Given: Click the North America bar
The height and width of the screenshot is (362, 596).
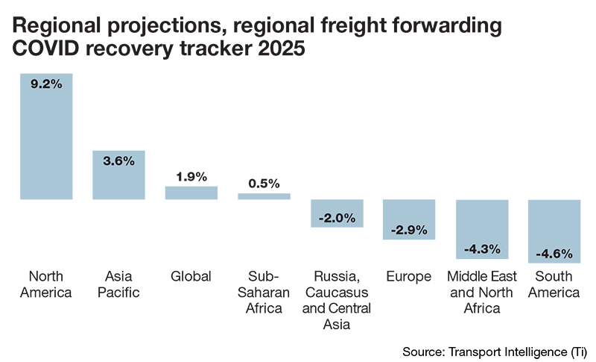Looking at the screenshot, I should [x=46, y=142].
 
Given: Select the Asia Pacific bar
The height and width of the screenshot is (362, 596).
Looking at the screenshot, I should [x=118, y=179].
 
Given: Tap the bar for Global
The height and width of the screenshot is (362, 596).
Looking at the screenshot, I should [x=191, y=193].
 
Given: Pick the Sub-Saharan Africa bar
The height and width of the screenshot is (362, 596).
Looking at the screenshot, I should [x=264, y=196].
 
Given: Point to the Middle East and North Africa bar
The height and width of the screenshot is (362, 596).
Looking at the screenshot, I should [x=481, y=228].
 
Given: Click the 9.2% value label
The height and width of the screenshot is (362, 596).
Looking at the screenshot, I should [x=46, y=84].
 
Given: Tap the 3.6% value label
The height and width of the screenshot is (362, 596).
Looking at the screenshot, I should [x=119, y=161].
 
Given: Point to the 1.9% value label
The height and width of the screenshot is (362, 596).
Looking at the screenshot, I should [x=191, y=177].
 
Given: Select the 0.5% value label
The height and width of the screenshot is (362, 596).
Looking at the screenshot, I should [x=264, y=184].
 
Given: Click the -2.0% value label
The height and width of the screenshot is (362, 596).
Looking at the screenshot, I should [x=337, y=218].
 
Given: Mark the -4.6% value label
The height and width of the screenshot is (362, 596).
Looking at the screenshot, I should [x=554, y=253].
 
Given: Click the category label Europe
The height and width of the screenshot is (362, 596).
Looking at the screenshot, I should [x=408, y=276].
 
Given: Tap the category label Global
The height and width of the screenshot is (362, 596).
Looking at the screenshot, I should [x=191, y=276].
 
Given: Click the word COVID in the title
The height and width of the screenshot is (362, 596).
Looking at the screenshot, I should [x=50, y=51].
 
